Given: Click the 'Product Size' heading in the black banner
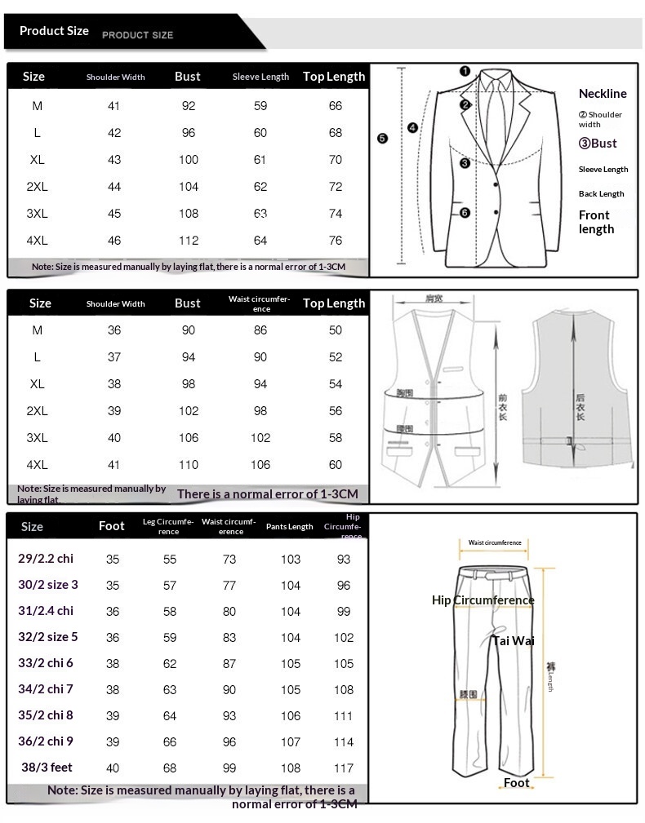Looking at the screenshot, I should pyautogui.click(x=54, y=31).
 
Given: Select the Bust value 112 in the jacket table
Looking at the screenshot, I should pyautogui.click(x=189, y=241).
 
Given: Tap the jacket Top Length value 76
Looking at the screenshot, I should pyautogui.click(x=336, y=241).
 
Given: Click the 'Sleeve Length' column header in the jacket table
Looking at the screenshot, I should pyautogui.click(x=260, y=77).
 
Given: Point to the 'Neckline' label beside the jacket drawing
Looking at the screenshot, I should pyautogui.click(x=603, y=94).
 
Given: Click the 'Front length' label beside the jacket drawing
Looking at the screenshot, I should pyautogui.click(x=596, y=222).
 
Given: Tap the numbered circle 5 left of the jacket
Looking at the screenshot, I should pyautogui.click(x=382, y=138).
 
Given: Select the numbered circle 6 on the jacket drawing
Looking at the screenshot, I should pyautogui.click(x=465, y=213).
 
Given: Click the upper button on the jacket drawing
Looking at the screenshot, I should pyautogui.click(x=494, y=186).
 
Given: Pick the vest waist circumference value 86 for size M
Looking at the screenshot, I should pyautogui.click(x=260, y=330).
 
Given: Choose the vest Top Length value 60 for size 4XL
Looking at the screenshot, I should pyautogui.click(x=336, y=465).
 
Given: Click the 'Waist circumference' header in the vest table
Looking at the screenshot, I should pyautogui.click(x=260, y=303).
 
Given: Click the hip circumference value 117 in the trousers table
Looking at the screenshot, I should pyautogui.click(x=344, y=768).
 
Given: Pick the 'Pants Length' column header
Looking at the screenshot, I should pyautogui.click(x=289, y=527).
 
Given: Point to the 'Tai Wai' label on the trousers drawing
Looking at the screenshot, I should pyautogui.click(x=513, y=641).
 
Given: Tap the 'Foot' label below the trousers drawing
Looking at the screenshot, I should pyautogui.click(x=516, y=783).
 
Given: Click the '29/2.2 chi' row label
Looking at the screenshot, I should pyautogui.click(x=46, y=559).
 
